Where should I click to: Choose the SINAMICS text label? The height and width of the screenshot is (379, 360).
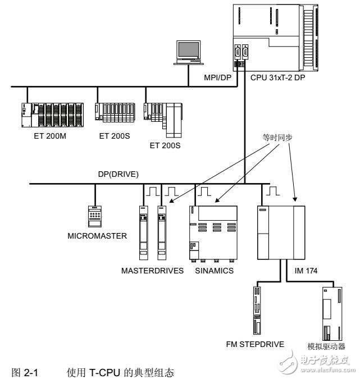click(216, 271)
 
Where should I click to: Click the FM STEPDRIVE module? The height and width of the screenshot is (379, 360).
click(257, 309)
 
